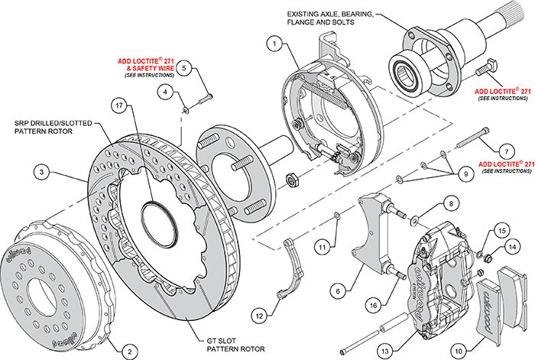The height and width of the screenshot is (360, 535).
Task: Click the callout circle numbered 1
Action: click(x=271, y=44)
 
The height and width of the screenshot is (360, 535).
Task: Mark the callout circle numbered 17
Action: click(x=118, y=105)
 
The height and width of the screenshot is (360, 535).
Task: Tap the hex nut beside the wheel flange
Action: click(x=291, y=180)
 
